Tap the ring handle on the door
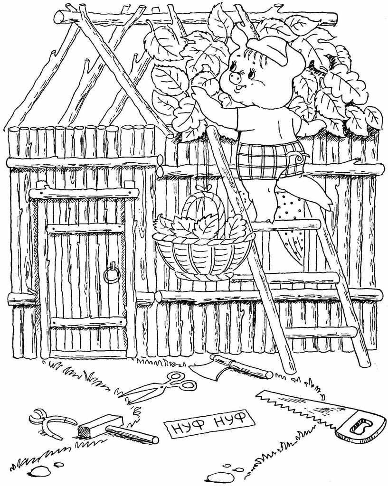111,275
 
